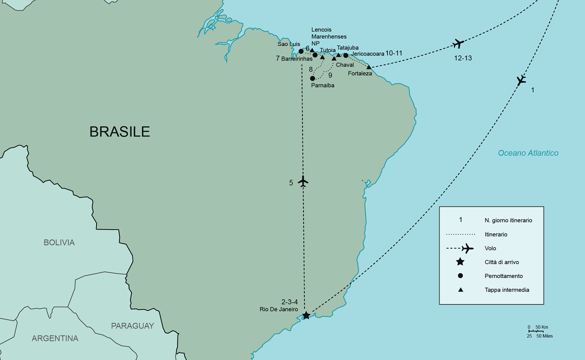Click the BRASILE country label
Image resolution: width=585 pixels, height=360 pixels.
point(119,131)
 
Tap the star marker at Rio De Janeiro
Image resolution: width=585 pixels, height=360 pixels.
point(306,315)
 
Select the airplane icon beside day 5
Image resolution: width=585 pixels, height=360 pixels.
point(302,181)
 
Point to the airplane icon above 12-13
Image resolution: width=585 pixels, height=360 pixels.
point(458,44)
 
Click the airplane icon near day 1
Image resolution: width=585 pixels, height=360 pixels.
point(521,80)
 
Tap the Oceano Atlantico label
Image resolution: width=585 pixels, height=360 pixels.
point(528,153)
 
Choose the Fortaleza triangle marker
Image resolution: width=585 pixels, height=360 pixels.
point(369,67)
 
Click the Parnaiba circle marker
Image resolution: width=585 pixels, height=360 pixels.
point(312,78)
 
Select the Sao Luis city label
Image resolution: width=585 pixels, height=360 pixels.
point(289,44)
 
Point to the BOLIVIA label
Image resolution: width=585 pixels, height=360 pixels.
point(59,242)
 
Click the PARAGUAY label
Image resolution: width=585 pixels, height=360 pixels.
point(132,326)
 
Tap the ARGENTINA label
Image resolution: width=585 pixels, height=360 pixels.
point(55,338)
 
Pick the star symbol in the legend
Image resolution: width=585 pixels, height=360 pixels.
point(460,262)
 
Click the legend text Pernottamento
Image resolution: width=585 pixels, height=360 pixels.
point(503,276)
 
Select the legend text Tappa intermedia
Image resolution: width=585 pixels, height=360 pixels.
point(506,290)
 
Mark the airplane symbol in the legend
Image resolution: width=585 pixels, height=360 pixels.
point(467,248)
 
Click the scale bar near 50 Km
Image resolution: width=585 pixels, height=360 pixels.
point(535,331)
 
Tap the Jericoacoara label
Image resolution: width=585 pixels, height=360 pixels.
point(367,53)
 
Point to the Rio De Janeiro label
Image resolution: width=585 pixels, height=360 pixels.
point(279,309)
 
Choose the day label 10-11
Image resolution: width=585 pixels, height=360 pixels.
point(394,53)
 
